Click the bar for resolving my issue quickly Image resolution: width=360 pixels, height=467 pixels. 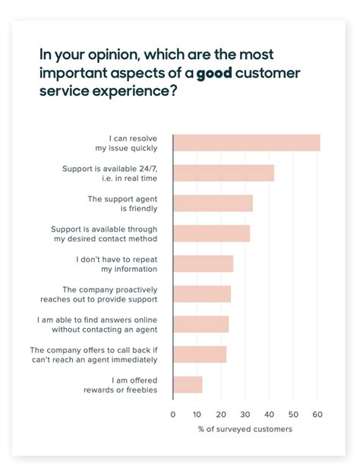[x=246, y=143]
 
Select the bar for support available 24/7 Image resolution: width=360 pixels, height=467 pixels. [x=223, y=173]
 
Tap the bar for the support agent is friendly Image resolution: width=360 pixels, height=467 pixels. [x=213, y=203]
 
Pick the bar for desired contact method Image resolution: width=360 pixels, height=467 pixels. [x=211, y=233]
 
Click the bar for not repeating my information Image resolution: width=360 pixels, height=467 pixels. [x=203, y=263]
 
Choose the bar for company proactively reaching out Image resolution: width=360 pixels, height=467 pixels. [x=201, y=294]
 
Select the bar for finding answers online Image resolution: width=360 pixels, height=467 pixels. [x=201, y=324]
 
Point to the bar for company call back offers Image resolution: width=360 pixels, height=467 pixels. [x=200, y=355]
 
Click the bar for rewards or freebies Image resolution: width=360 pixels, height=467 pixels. [x=188, y=385]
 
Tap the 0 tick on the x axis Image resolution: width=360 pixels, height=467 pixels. [x=173, y=415]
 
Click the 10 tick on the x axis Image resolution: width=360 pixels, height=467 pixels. [x=197, y=415]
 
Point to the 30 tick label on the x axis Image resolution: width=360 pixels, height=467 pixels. [x=245, y=415]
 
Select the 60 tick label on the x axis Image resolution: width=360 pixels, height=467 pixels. [x=317, y=415]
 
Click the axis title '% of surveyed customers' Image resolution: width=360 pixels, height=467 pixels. [x=245, y=430]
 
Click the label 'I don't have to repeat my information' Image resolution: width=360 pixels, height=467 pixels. [x=117, y=263]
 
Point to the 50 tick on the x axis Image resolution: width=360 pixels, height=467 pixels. [x=293, y=415]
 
